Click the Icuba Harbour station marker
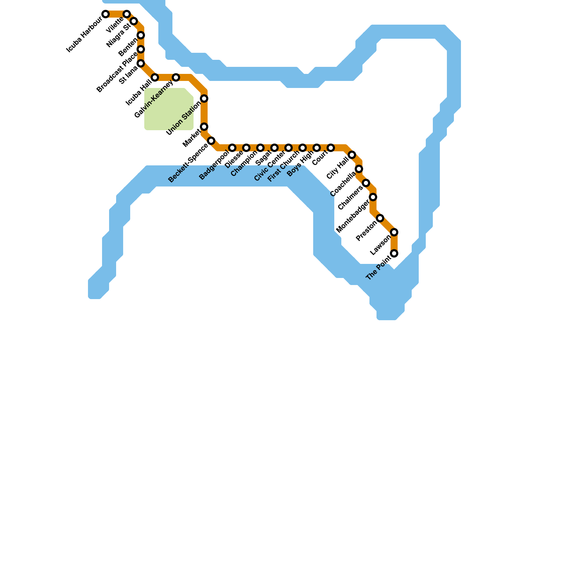(106, 14)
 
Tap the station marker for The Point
(394, 253)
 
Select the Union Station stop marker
(204, 99)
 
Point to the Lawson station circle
(394, 232)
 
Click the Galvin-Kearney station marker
(176, 77)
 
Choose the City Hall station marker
(352, 155)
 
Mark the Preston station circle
(380, 218)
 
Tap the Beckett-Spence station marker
(211, 141)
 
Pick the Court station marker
(331, 148)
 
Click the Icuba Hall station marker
(155, 77)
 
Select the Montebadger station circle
(373, 197)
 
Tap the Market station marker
(204, 127)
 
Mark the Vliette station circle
(127, 14)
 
